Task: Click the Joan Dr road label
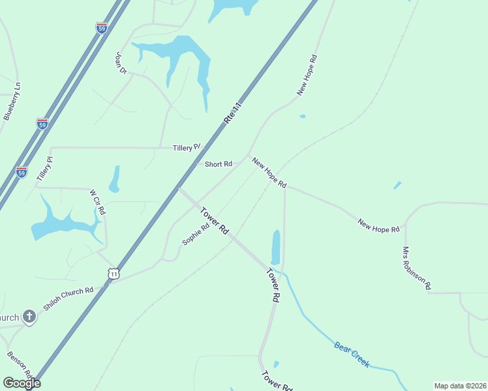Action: point(121,63)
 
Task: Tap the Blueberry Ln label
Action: point(12,100)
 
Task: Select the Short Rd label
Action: point(219,164)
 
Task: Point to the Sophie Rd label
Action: point(196,233)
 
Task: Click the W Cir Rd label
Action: point(98,203)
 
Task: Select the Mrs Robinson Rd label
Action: point(417,268)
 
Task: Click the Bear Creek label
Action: point(352,355)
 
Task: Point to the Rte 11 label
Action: point(232,112)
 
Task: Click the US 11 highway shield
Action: point(114,274)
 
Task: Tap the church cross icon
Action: point(29,317)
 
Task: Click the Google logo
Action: point(21,383)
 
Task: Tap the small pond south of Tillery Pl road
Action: point(115,179)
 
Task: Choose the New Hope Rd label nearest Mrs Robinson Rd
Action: point(378,227)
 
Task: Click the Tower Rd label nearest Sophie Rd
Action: point(215,221)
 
